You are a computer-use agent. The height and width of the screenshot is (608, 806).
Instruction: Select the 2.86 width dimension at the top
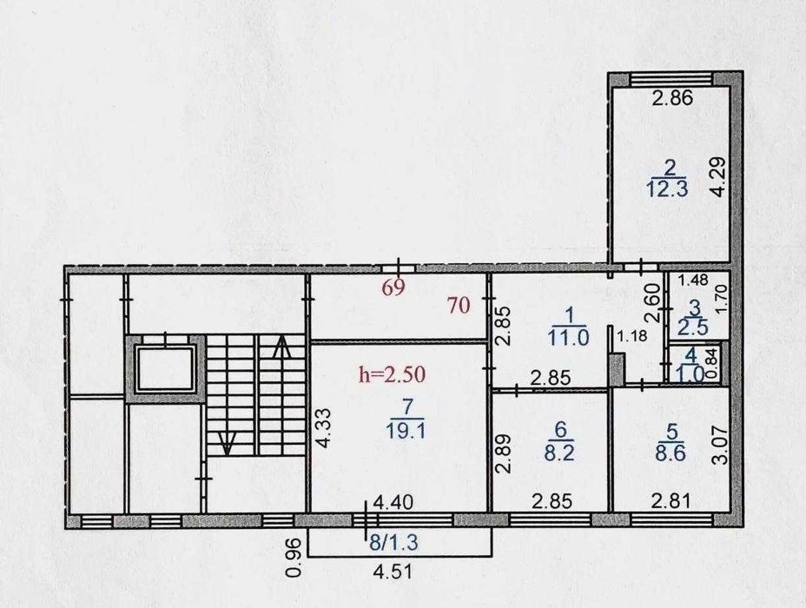pyautogui.click(x=672, y=97)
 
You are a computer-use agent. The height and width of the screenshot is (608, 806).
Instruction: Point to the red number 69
pyautogui.click(x=393, y=287)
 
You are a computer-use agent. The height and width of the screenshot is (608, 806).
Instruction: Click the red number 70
pyautogui.click(x=459, y=306)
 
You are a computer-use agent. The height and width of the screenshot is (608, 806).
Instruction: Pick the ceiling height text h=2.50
pyautogui.click(x=393, y=374)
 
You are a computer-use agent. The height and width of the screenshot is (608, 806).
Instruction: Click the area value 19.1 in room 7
pyautogui.click(x=406, y=431)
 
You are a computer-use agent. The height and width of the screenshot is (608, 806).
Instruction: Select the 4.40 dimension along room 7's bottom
pyautogui.click(x=393, y=502)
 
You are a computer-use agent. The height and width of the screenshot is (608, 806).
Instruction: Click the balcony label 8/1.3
pyautogui.click(x=393, y=542)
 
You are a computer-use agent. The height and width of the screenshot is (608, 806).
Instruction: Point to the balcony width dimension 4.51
pyautogui.click(x=393, y=572)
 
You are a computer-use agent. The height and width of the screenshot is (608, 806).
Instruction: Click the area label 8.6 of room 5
pyautogui.click(x=671, y=453)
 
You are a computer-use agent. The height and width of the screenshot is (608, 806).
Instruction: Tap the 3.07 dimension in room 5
pyautogui.click(x=722, y=444)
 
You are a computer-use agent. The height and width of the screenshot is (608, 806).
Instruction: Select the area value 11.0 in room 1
pyautogui.click(x=568, y=338)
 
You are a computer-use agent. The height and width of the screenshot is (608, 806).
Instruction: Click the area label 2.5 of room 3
pyautogui.click(x=693, y=327)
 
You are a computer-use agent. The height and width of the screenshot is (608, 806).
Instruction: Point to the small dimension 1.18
pyautogui.click(x=631, y=337)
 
